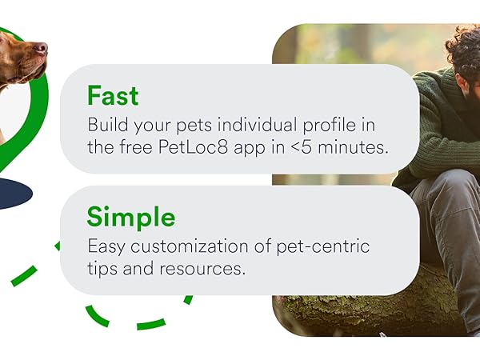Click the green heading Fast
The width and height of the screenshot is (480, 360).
tap(113, 96)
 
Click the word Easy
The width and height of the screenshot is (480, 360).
tap(106, 247)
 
